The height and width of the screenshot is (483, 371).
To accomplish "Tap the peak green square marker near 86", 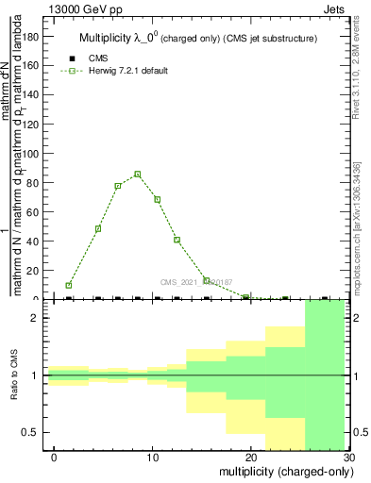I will pyautogui.click(x=137, y=175).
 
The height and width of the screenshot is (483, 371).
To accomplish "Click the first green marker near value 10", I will pyautogui.click(x=69, y=285).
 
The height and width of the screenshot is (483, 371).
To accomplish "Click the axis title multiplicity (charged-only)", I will pyautogui.click(x=281, y=471).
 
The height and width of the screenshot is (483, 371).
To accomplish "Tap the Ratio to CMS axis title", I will pyautogui.click(x=14, y=375).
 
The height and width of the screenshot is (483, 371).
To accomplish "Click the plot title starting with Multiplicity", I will pyautogui.click(x=197, y=38).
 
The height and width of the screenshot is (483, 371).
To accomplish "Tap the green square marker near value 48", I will pyautogui.click(x=98, y=229).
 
